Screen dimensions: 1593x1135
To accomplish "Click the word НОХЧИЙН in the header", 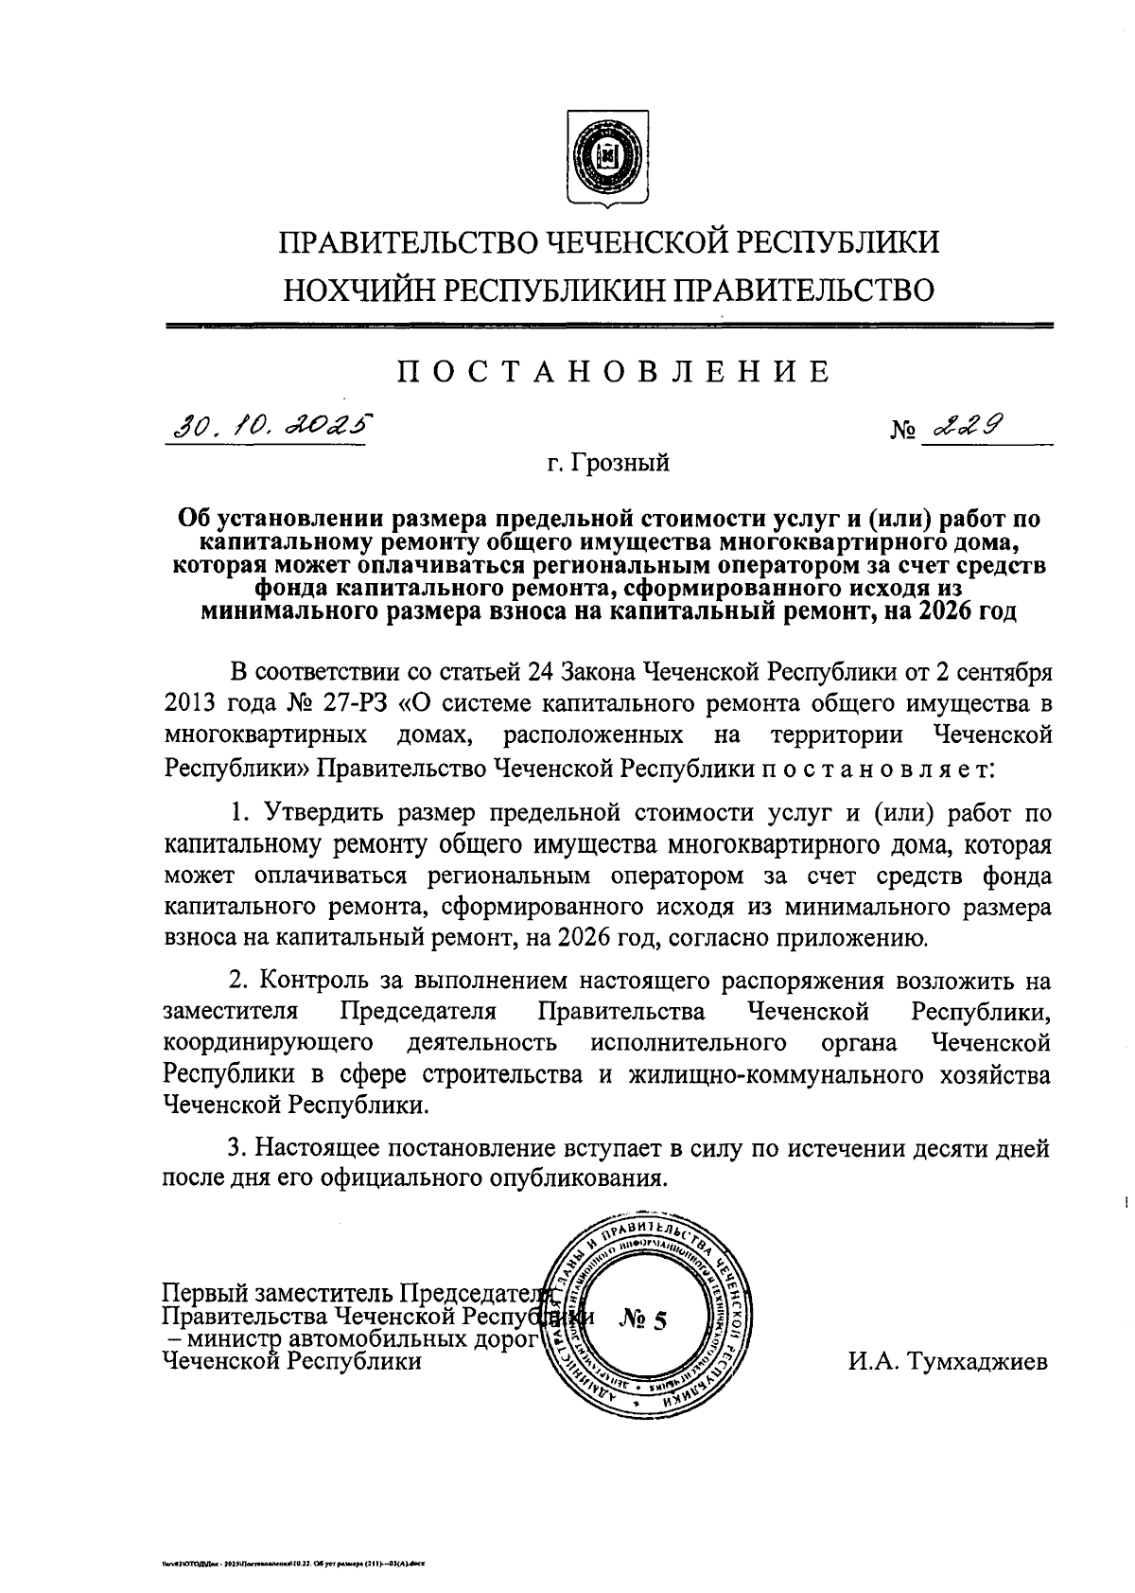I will click(x=359, y=289).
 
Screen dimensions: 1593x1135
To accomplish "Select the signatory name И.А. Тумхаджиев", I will click(x=948, y=1362).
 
